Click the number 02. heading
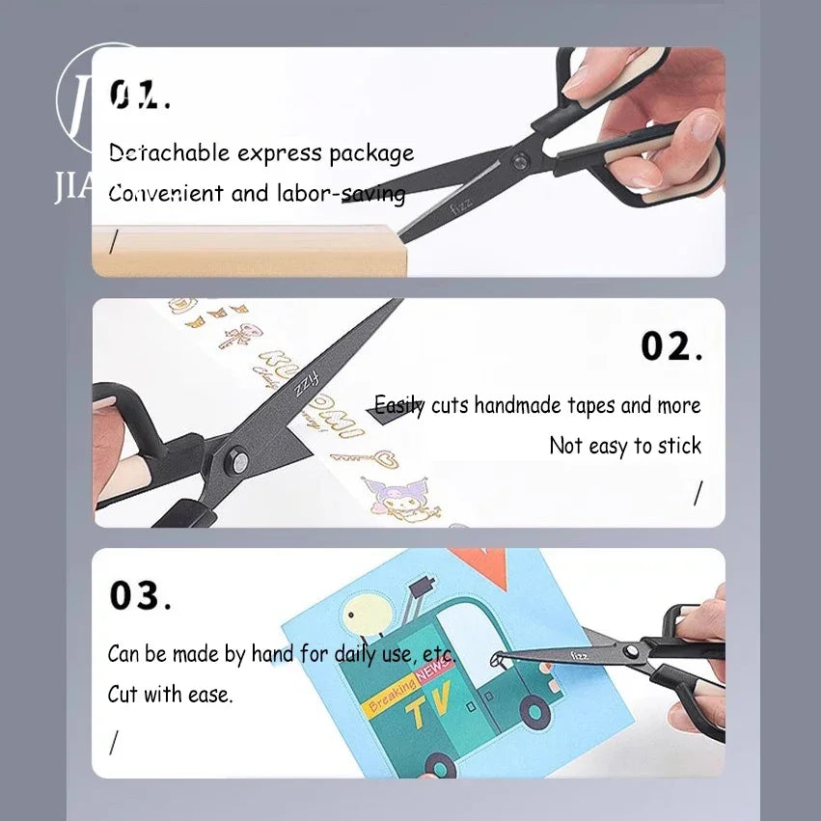coord(671,346)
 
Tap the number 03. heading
coord(140,596)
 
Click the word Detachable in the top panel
coord(169,152)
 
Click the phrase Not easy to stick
coord(625,446)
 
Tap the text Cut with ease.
coord(170,694)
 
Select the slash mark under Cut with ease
coord(114,742)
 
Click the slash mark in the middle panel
coord(698,493)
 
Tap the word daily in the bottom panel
coord(356,653)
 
